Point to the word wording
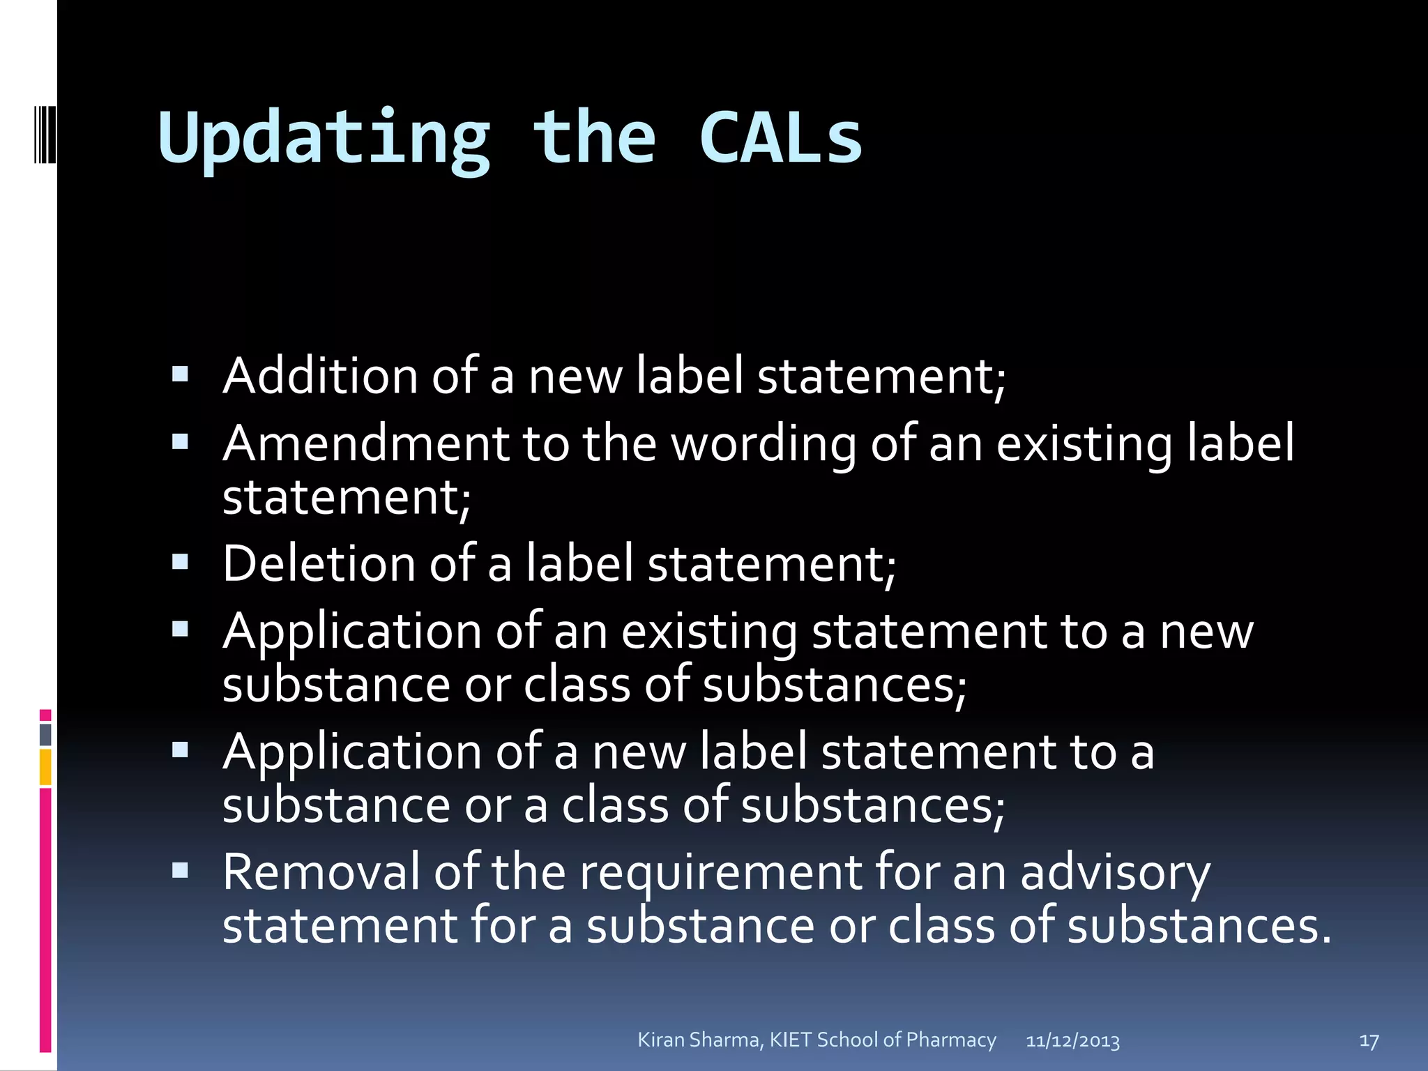pos(764,445)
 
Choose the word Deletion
pos(318,563)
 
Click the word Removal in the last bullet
pos(321,872)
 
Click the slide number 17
pos(1369,1041)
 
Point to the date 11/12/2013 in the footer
pos(1072,1041)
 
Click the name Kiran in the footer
pos(662,1040)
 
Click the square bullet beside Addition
pos(181,375)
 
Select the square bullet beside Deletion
pos(181,562)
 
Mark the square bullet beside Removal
pos(181,870)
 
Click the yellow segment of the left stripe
pos(45,767)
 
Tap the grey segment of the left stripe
pos(45,734)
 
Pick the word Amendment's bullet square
pos(181,442)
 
